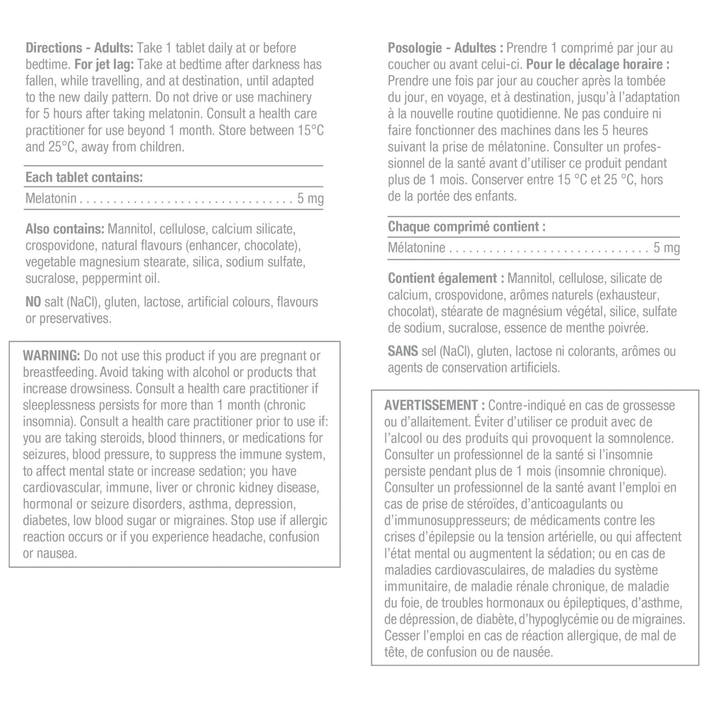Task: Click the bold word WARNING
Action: point(51,356)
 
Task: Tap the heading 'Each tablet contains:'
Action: point(84,177)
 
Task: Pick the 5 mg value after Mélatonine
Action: point(666,247)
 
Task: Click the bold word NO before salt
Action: point(33,302)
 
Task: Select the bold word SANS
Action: point(403,351)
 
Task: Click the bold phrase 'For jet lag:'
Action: point(104,64)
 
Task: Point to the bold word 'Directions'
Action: point(54,48)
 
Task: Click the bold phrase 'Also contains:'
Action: point(65,229)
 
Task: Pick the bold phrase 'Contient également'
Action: point(442,278)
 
